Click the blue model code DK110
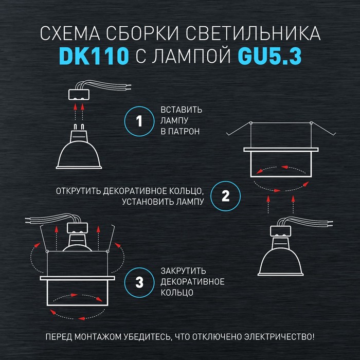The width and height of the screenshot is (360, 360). tap(94, 56)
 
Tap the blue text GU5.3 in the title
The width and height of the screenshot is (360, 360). tap(269, 56)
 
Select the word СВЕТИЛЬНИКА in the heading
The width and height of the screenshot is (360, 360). tap(253, 33)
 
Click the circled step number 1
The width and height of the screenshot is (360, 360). tap(139, 121)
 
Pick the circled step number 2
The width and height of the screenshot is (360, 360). tap(225, 196)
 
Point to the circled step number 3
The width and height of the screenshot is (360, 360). tap(139, 282)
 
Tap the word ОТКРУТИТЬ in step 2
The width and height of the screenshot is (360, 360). tap(79, 191)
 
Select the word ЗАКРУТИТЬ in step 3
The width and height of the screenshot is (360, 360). tap(183, 271)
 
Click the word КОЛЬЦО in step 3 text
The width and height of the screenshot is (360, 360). tap(177, 293)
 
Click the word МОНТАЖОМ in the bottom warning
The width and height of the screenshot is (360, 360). tap(98, 337)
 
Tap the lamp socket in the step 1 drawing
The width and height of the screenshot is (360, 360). tap(79, 94)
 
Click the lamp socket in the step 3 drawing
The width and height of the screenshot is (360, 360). tap(77, 227)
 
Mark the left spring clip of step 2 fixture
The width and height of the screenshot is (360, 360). tap(239, 129)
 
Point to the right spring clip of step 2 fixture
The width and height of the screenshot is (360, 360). tap(323, 129)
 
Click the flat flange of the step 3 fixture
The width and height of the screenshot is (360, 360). tap(77, 278)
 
